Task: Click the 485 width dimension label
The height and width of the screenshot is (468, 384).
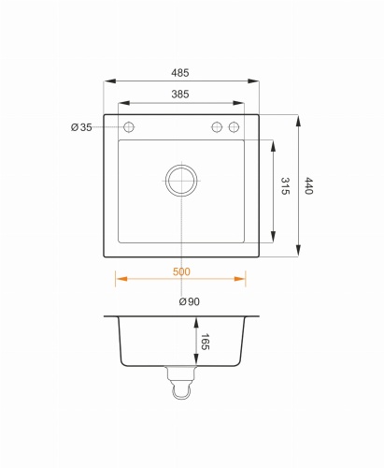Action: pyautogui.click(x=180, y=73)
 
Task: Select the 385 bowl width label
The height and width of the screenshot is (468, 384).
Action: pyautogui.click(x=180, y=94)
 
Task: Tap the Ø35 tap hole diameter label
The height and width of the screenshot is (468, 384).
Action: pyautogui.click(x=81, y=127)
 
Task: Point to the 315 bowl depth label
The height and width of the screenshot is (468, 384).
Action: pyautogui.click(x=285, y=186)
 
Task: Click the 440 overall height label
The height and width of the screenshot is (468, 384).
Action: pyautogui.click(x=308, y=186)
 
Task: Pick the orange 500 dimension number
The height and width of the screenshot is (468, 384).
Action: pyautogui.click(x=181, y=271)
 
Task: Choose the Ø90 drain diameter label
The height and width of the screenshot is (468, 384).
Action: pyautogui.click(x=190, y=301)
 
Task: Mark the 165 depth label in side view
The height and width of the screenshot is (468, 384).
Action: pyautogui.click(x=205, y=342)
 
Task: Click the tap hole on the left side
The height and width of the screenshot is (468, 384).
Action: pyautogui.click(x=129, y=127)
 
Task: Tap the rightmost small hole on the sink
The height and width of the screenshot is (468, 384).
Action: pyautogui.click(x=234, y=127)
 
